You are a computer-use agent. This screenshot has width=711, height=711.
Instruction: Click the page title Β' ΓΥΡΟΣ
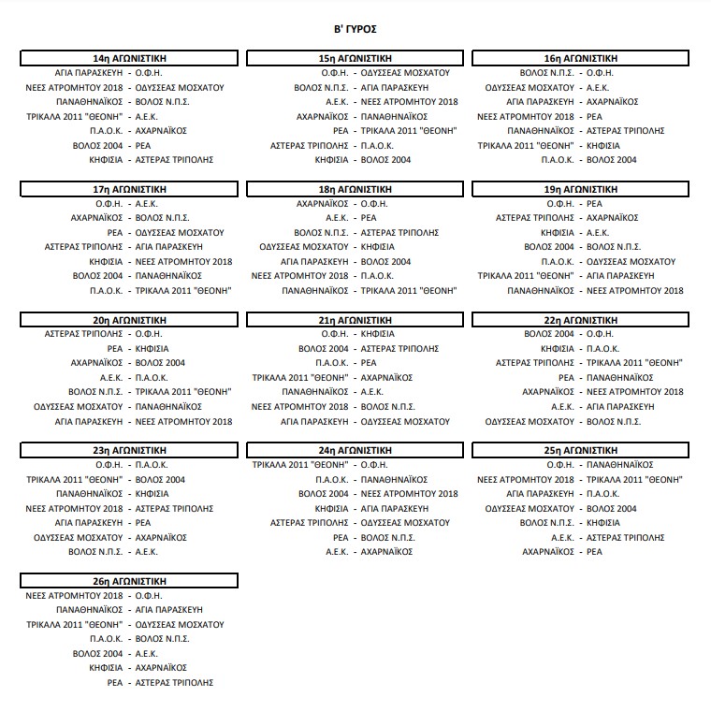coord(356,30)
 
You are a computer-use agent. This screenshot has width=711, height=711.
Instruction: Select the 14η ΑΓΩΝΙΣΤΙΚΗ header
coord(130,58)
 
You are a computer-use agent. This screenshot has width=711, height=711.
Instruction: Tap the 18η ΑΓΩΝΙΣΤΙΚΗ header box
coord(355,189)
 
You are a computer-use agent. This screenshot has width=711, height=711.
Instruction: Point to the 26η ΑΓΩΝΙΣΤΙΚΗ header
coord(130,581)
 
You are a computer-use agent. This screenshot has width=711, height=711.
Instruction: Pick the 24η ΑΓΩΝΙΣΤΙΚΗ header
coord(355,450)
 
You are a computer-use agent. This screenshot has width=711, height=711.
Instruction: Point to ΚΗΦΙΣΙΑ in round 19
coord(558,232)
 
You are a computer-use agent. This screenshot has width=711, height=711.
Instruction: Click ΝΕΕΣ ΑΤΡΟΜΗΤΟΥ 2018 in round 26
coord(75,595)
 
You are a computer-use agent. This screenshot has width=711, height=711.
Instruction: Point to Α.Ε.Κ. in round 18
coord(337,217)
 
